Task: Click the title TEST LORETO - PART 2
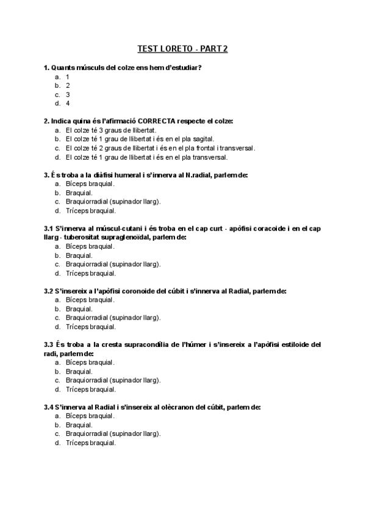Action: click(x=182, y=49)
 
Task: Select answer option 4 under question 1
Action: click(x=68, y=104)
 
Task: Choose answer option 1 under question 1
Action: click(x=68, y=77)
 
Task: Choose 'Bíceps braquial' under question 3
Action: click(x=90, y=184)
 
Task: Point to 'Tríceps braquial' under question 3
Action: click(x=90, y=211)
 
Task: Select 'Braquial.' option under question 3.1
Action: click(x=79, y=255)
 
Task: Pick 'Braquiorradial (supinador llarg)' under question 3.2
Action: click(x=113, y=318)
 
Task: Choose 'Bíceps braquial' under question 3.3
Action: click(x=90, y=362)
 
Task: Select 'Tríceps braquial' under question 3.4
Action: click(x=90, y=443)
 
